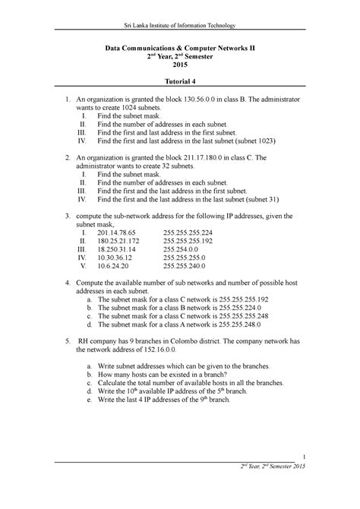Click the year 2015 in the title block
point(180,66)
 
